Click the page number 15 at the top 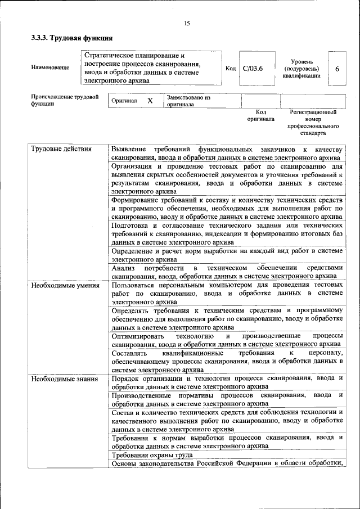[187, 22]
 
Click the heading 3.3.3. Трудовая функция [72, 38]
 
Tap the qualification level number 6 [336, 69]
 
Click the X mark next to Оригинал [150, 101]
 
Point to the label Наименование [51, 68]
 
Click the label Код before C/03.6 [231, 69]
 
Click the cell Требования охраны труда [152, 455]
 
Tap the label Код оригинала [260, 116]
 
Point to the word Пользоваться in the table [135, 285]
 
